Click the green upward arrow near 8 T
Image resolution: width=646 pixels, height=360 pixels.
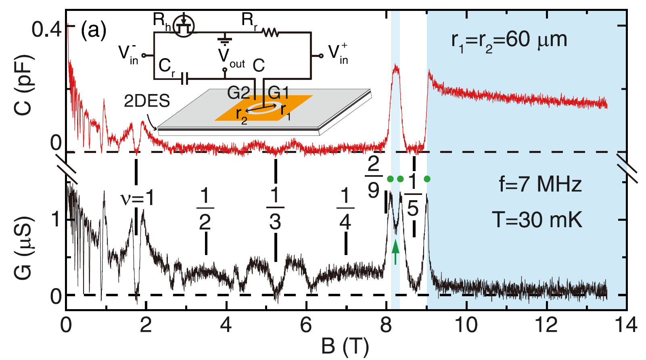pos(395,252)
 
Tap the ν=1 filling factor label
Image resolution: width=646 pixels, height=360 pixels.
pos(137,199)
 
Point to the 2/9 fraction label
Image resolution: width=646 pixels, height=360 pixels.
pos(374,177)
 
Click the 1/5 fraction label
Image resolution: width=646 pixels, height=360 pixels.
pos(413,195)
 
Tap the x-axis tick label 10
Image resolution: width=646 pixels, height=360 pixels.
pos(466,325)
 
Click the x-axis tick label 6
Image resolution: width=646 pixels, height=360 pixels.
pos(306,325)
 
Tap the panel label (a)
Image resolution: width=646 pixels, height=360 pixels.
pos(94,30)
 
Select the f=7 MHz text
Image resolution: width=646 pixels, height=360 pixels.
pos(540,184)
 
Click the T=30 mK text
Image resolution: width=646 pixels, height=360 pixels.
pos(537,220)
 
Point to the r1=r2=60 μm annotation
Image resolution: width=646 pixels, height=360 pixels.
pos(509,40)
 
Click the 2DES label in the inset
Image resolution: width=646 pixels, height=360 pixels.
pos(147,101)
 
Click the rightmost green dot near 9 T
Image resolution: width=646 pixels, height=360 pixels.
pos(427,179)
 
